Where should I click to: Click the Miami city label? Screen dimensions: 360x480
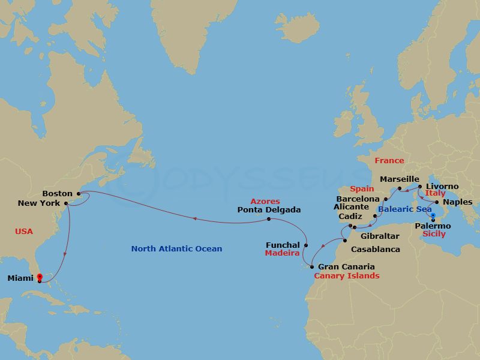click(x=20, y=278)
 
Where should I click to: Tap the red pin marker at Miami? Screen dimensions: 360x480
click(x=40, y=277)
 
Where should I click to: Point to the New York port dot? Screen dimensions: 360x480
click(x=66, y=203)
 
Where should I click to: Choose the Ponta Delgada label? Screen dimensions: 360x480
click(x=269, y=210)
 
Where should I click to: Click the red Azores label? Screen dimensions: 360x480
click(x=265, y=202)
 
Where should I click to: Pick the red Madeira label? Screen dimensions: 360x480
click(x=282, y=253)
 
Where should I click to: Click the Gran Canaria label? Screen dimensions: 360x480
click(x=346, y=266)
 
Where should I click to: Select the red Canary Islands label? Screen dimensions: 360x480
click(x=347, y=276)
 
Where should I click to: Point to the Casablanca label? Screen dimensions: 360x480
click(x=376, y=248)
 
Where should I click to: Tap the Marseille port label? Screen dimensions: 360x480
click(x=399, y=179)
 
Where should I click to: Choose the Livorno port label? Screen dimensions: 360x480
click(x=442, y=187)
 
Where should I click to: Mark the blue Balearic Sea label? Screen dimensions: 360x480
click(x=405, y=209)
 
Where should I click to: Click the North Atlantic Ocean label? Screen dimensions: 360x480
click(x=176, y=248)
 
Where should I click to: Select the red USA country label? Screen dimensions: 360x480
click(x=24, y=231)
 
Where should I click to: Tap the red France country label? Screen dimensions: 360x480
click(x=389, y=161)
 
